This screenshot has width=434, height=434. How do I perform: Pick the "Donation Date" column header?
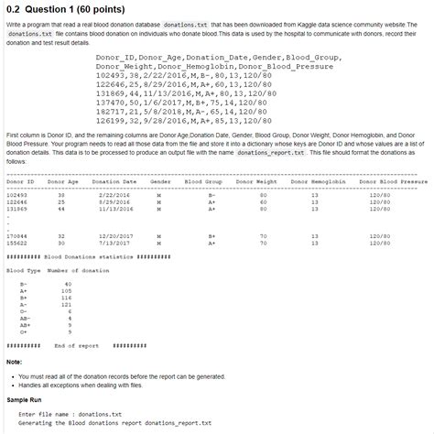(x=114, y=183)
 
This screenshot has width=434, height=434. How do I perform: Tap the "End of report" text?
(x=77, y=345)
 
